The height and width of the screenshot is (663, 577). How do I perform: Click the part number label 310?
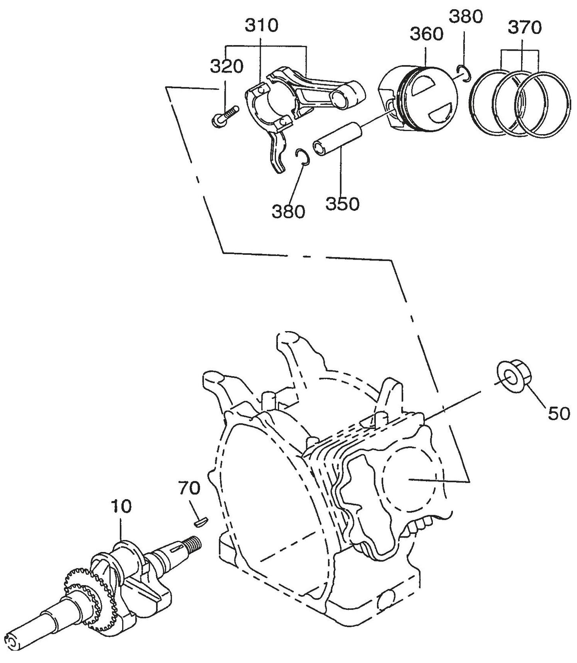point(261,26)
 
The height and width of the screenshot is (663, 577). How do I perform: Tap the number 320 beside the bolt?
point(226,66)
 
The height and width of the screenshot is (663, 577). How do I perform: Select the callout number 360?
point(426,34)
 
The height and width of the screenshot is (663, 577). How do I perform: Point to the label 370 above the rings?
point(525,28)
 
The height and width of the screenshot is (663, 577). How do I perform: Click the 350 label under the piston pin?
point(342,204)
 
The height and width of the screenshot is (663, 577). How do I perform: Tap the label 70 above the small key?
point(189,488)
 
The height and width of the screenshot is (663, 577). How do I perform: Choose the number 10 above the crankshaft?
point(122,506)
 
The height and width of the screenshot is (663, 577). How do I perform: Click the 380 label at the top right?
point(466,17)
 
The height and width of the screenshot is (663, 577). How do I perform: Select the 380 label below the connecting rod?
point(288,211)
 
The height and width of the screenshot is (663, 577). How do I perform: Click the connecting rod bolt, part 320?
point(224,115)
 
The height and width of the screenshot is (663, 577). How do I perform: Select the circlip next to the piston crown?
point(464,73)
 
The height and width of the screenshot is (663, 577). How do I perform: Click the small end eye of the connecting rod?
point(347,97)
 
